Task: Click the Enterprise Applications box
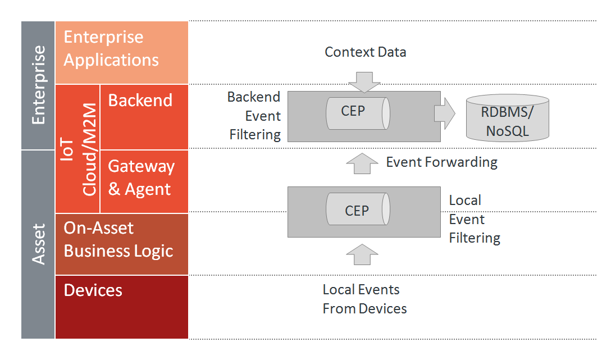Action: [121, 52]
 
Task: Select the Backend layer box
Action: [144, 117]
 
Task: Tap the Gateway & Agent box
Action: [144, 181]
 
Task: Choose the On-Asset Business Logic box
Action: [121, 244]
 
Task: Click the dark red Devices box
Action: [121, 307]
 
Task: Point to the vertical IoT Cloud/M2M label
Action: [78, 149]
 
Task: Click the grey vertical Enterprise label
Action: [38, 85]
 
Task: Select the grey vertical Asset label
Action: [38, 244]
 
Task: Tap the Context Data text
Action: [366, 52]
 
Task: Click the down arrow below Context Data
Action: [364, 82]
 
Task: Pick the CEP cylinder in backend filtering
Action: [358, 113]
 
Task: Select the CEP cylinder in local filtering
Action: [358, 209]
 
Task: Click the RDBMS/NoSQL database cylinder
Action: [507, 118]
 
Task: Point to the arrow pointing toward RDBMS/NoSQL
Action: [445, 113]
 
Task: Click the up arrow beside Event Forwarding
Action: [362, 163]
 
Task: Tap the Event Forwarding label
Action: [441, 162]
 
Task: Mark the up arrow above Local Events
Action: [362, 254]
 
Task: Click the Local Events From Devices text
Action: [364, 299]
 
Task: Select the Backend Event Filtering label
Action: [254, 116]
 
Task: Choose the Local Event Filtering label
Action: [475, 219]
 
